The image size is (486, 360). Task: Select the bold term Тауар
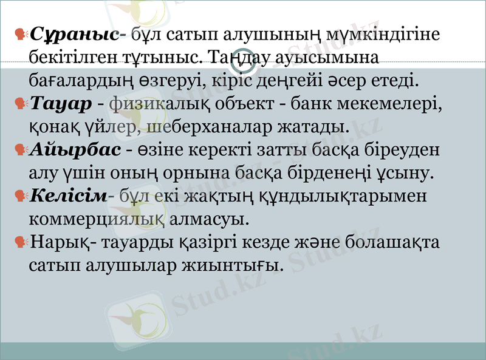pyautogui.click(x=60, y=104)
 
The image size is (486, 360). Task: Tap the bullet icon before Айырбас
pyautogui.click(x=20, y=149)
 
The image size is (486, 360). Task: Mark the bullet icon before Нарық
pyautogui.click(x=20, y=242)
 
